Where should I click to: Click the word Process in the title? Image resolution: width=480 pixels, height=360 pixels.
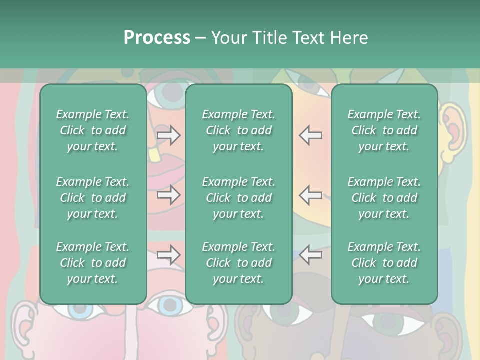pos(157,38)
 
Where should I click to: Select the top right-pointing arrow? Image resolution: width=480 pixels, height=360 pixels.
pos(169,135)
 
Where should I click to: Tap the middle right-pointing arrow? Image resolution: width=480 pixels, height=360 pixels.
pos(169,195)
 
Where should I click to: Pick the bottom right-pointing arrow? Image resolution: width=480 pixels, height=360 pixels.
pos(169,255)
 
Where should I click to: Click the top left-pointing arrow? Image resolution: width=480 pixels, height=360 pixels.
pos(310,135)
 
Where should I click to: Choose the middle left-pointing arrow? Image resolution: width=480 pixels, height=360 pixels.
pos(310,195)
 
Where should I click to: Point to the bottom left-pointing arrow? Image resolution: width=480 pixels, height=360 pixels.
pos(310,255)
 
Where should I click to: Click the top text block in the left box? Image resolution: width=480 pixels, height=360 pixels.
pos(93,130)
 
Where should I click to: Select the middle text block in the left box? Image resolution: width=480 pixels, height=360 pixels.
pos(93,198)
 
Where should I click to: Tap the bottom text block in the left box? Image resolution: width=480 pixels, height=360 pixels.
pos(93,263)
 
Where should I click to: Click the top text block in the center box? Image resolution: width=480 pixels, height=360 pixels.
pos(238,130)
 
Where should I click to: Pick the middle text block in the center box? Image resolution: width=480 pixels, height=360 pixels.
pos(238,198)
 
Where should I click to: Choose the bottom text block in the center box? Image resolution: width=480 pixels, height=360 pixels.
pos(238,263)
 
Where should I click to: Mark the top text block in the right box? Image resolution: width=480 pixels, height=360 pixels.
pos(384,130)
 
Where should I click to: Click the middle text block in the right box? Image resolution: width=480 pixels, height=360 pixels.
pos(384,198)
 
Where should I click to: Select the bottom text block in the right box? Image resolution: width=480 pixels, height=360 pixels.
pos(384,263)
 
